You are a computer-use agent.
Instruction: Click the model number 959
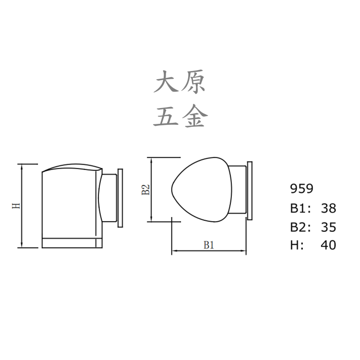point(302,189)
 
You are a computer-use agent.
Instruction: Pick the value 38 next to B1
point(328,208)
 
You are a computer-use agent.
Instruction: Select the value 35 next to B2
point(328,227)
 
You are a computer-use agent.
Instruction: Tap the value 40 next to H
point(328,245)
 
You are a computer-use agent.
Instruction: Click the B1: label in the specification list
point(301,208)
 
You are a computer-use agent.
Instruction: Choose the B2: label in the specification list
point(301,227)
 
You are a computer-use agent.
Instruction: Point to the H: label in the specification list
point(297,245)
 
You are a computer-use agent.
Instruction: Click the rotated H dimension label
point(15,206)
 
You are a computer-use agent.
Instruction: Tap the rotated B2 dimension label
point(146,190)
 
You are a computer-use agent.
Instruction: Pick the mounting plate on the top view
point(249,190)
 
